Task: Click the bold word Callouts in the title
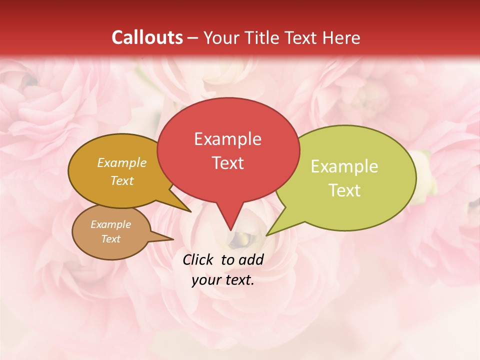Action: [x=147, y=37]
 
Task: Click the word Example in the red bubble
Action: [x=227, y=139]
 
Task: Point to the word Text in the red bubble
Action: [x=227, y=163]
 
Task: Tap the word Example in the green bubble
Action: [x=344, y=166]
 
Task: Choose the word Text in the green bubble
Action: [x=344, y=190]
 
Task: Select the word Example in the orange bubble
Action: [x=122, y=163]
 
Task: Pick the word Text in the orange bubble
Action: [x=122, y=181]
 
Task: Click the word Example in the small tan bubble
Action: [x=110, y=224]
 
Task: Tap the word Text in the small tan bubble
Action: [x=110, y=239]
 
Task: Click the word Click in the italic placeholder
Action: [x=199, y=259]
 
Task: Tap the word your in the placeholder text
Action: [x=205, y=280]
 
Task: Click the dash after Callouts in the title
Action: [x=193, y=38]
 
